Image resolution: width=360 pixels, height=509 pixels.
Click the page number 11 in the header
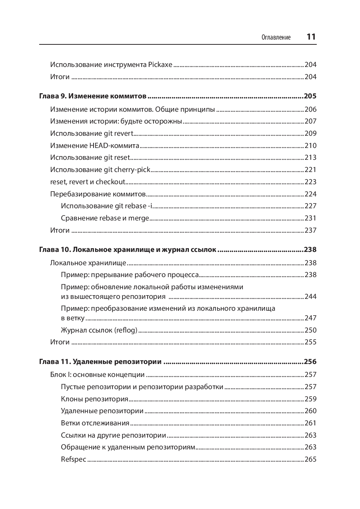[x=311, y=37]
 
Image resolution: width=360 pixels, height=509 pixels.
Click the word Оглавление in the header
[x=276, y=37]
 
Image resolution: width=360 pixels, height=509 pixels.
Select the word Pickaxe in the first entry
[x=160, y=65]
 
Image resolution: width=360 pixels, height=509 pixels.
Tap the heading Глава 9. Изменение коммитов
[x=93, y=96]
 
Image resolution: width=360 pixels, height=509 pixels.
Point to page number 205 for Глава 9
[x=310, y=96]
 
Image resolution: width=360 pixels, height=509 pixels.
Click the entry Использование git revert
[x=92, y=134]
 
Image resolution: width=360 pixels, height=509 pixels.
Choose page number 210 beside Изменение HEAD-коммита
[x=310, y=146]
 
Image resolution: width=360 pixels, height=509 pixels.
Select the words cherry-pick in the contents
[x=132, y=170]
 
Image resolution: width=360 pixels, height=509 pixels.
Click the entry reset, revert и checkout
[x=88, y=182]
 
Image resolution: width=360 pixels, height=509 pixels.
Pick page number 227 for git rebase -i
[x=310, y=206]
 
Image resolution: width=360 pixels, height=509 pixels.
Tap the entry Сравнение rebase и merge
[x=105, y=218]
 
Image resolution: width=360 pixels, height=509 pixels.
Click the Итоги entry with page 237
[x=60, y=230]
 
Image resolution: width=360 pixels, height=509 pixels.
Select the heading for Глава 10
[x=128, y=250]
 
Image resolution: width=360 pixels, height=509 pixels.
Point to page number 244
[x=310, y=297]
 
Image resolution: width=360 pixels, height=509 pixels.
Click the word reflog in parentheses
[x=126, y=330]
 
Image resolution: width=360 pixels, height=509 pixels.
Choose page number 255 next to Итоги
[x=310, y=342]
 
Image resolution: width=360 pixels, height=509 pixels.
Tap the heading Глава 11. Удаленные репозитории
[x=100, y=362]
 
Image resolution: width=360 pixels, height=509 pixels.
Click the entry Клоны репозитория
[x=95, y=399]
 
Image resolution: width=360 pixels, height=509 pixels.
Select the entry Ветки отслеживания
[x=95, y=423]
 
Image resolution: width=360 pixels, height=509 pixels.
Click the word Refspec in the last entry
[x=74, y=459]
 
